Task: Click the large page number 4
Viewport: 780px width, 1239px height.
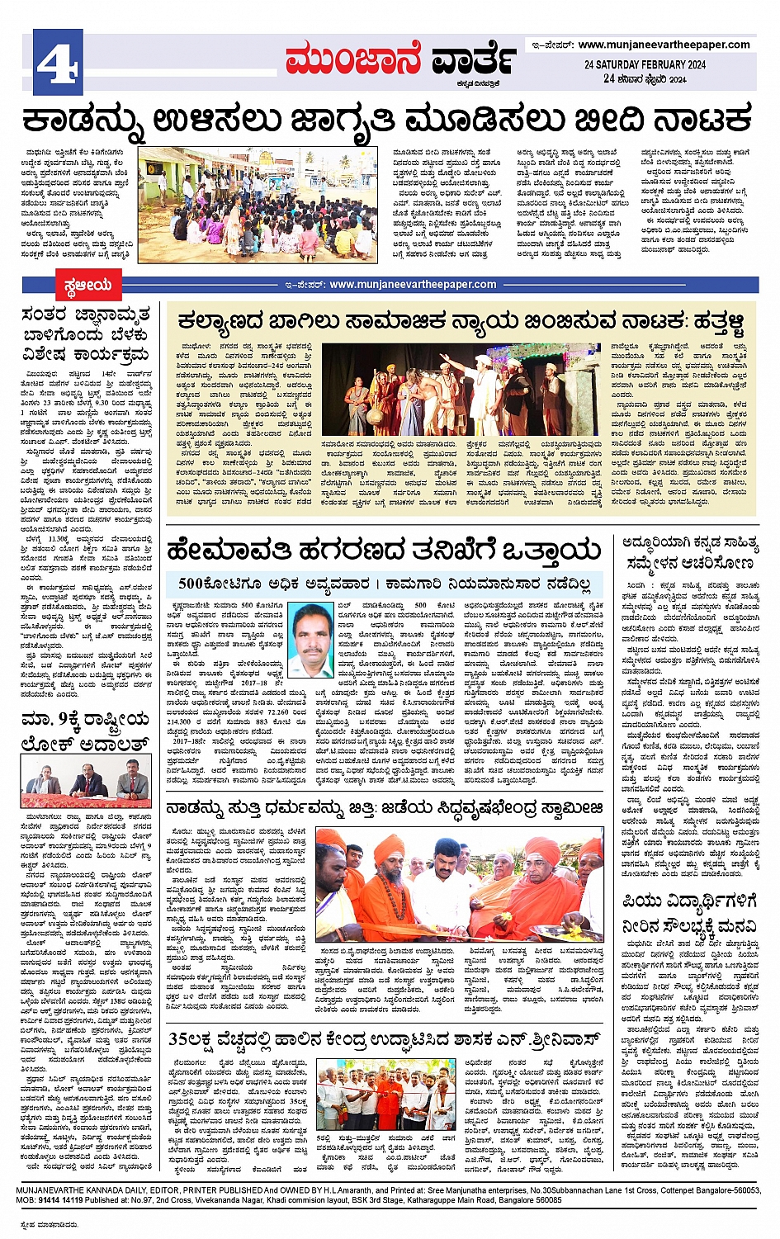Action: click(x=57, y=63)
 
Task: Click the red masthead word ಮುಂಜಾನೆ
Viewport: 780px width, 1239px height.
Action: click(x=353, y=60)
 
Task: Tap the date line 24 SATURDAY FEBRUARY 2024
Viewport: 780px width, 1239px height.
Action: click(x=645, y=64)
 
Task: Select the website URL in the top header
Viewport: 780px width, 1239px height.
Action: click(x=664, y=45)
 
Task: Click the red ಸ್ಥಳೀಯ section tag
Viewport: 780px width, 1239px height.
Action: click(x=87, y=286)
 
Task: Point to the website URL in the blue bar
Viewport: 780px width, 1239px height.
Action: click(x=413, y=285)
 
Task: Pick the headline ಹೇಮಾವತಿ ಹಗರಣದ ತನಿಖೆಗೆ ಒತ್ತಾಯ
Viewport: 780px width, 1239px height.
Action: click(x=384, y=549)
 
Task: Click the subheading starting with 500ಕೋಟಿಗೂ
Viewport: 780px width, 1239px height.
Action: click(x=384, y=584)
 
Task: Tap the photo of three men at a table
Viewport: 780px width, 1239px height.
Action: click(x=87, y=783)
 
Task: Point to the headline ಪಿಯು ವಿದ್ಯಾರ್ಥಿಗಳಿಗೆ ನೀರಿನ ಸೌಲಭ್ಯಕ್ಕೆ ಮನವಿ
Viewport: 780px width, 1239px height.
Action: click(x=690, y=913)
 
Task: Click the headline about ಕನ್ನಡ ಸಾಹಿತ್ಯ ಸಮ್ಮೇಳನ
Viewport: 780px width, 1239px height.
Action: click(x=690, y=552)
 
